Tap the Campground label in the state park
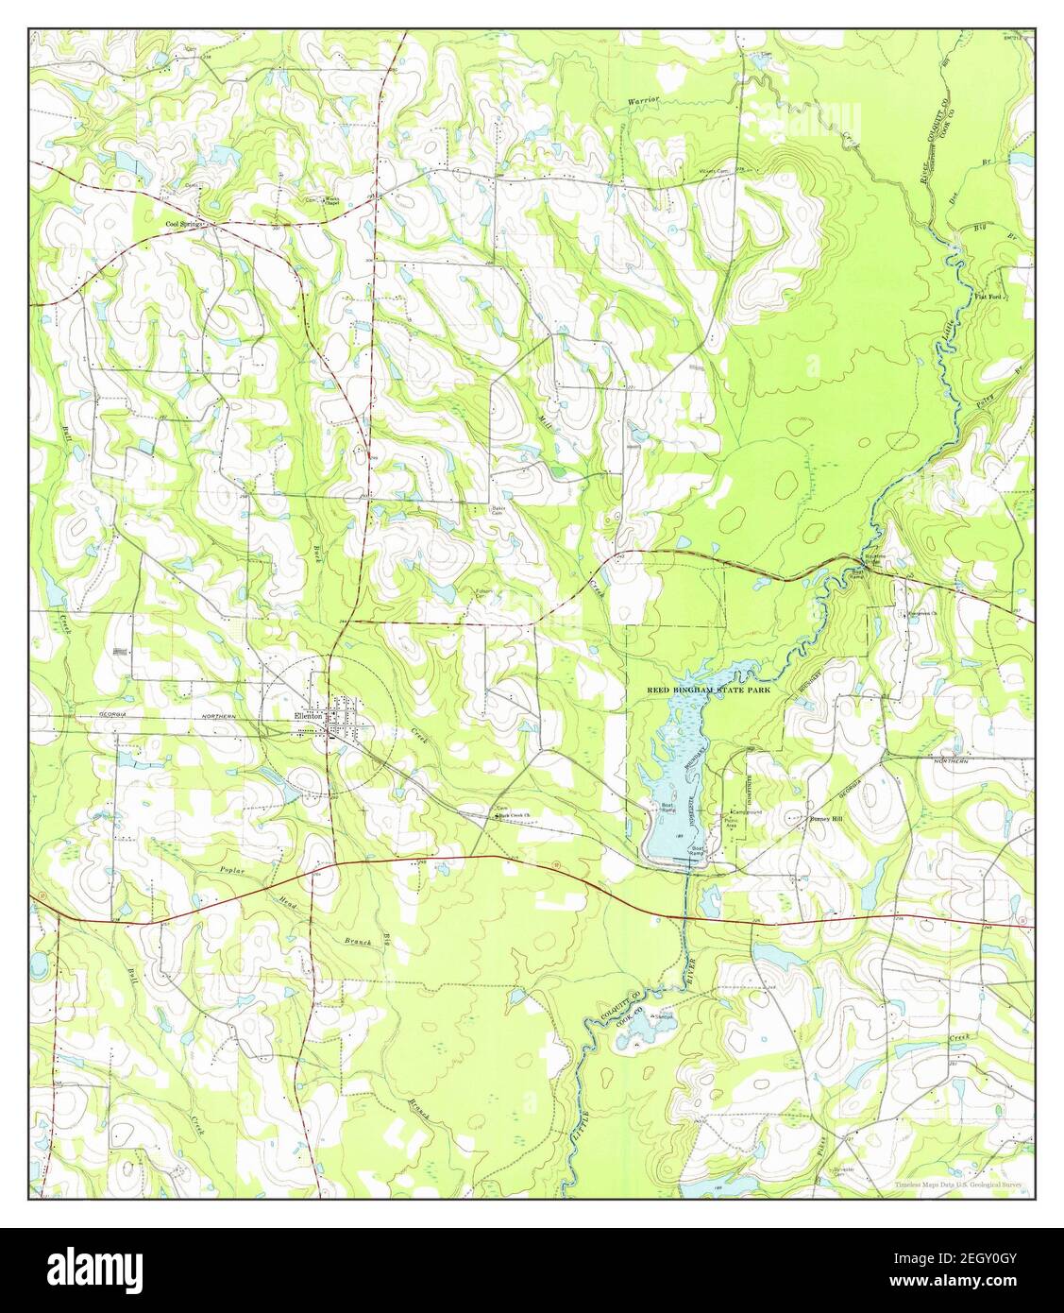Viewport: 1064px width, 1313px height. pos(748,812)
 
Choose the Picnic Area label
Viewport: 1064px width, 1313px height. pos(731,823)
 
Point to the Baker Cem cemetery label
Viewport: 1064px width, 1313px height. pos(499,511)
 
